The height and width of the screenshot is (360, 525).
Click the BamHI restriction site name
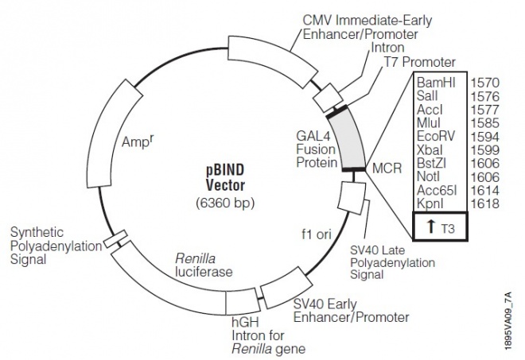click(436, 83)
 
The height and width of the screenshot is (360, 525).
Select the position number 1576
click(484, 96)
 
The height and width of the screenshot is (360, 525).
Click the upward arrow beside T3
click(430, 226)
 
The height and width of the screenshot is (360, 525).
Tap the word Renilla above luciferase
click(196, 258)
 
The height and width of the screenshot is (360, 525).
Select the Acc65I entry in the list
click(434, 191)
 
